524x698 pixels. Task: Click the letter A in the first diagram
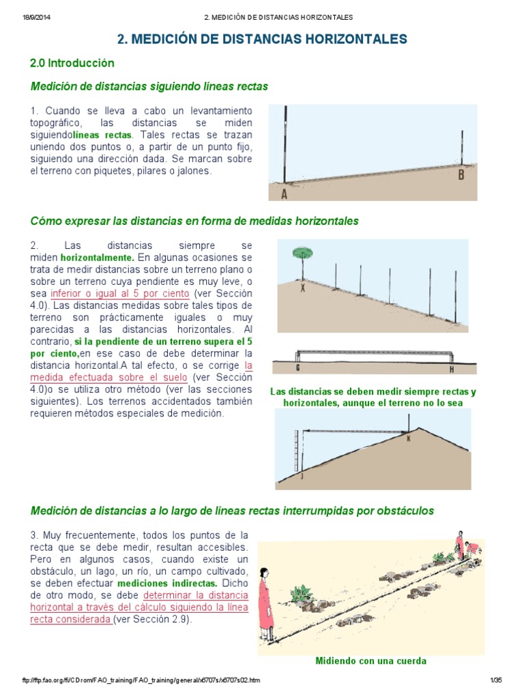pos(284,194)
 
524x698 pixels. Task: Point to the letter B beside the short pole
pos(462,174)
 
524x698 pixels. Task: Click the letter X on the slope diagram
pos(303,288)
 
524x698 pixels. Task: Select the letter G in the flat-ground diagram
pos(297,369)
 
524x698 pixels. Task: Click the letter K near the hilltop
pos(409,438)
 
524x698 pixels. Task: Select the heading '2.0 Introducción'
pos(72,63)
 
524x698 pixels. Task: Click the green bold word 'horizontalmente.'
pos(97,258)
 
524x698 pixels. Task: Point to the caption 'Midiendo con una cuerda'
pos(371,661)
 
